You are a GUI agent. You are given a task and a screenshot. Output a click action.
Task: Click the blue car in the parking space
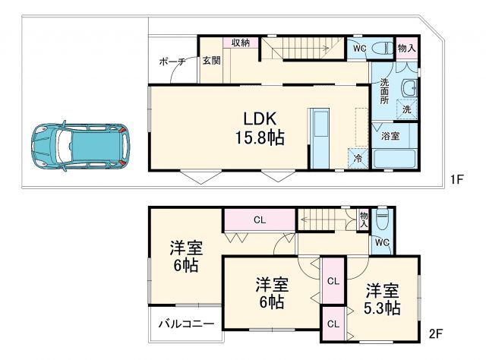coord(80,144)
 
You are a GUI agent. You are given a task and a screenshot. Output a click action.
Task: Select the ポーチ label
coord(171,62)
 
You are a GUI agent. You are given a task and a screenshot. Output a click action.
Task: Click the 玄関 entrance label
coord(211,61)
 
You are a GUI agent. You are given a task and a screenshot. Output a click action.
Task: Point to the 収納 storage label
coord(241,43)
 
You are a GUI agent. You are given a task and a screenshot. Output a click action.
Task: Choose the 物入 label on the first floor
coord(407,48)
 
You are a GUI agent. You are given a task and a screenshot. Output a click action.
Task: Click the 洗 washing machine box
coord(407,109)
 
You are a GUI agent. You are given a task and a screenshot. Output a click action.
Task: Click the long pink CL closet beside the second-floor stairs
coord(259,220)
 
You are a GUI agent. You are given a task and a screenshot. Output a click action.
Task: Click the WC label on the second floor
coord(382,242)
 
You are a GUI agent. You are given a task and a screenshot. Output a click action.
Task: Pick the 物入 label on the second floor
coord(364,219)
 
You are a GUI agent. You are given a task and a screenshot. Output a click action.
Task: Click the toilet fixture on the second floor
coord(383,220)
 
